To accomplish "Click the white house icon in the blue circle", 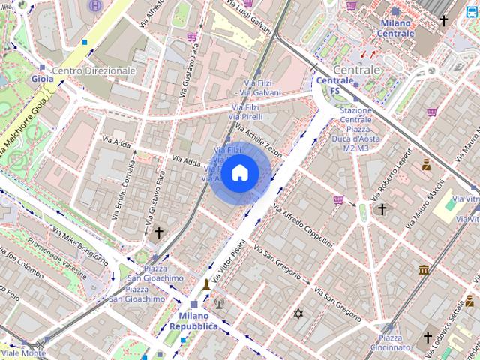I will click(x=239, y=173).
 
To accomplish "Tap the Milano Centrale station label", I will click(x=394, y=28).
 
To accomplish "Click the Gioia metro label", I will click(x=42, y=78).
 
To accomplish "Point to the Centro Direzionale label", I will click(x=94, y=70).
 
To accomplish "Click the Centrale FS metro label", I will click(x=335, y=85).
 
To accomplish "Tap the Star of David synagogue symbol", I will click(x=298, y=313).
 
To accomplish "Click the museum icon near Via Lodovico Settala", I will click(x=424, y=269).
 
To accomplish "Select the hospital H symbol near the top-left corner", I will click(x=96, y=6).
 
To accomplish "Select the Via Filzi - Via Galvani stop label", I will click(x=256, y=87).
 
